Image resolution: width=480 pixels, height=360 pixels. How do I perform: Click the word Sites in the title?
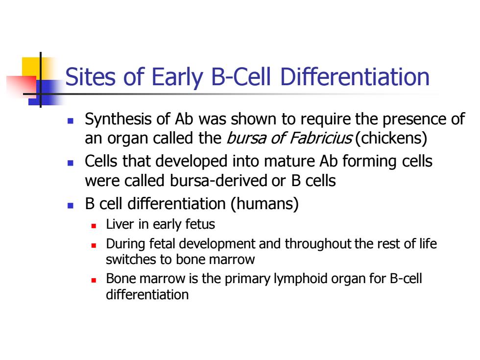coord(91,76)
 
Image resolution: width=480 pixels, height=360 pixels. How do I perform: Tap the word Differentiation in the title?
coord(355,76)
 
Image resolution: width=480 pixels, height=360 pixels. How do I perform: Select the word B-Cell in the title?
coord(241,76)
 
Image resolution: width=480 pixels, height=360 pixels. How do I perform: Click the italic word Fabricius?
coord(320,138)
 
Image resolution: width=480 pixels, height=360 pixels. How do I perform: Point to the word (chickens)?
coord(391,138)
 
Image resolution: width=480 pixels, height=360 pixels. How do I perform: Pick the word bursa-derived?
coord(219,181)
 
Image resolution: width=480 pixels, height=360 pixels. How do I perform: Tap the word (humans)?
coord(264,204)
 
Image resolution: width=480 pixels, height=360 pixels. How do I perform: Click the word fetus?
coord(199,224)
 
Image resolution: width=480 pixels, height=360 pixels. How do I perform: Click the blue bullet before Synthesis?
coord(71,121)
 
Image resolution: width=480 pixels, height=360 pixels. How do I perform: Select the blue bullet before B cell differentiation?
coord(71,205)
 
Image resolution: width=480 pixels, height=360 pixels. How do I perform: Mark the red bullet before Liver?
coord(94,226)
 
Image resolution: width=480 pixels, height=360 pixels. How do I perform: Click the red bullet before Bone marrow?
coord(94,280)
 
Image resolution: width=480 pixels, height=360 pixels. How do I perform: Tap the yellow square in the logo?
coord(31,67)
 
